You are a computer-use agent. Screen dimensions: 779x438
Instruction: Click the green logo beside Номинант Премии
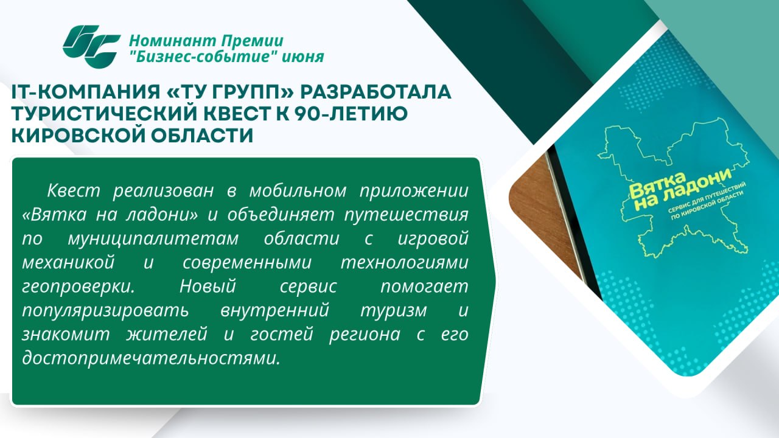pos(91,47)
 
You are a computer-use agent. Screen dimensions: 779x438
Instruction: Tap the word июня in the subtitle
pos(302,57)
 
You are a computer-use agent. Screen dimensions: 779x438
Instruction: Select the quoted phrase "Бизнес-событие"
pos(203,57)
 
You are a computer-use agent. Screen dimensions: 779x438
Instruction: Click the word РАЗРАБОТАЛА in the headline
pos(376,92)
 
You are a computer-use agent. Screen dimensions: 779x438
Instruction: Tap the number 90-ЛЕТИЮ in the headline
pos(351,114)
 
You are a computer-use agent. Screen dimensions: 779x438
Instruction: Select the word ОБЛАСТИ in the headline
pos(202,136)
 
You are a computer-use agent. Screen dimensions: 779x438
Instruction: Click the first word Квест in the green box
pos(74,190)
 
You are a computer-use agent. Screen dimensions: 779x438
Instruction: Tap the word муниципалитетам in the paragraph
pos(153,239)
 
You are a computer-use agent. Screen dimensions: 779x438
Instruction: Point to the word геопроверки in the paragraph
pos(79,287)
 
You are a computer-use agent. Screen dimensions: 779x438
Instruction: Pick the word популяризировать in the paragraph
pos(105,311)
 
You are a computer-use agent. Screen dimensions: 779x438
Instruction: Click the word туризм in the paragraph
pos(394,311)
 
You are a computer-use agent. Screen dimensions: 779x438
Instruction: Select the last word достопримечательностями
pos(151,358)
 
